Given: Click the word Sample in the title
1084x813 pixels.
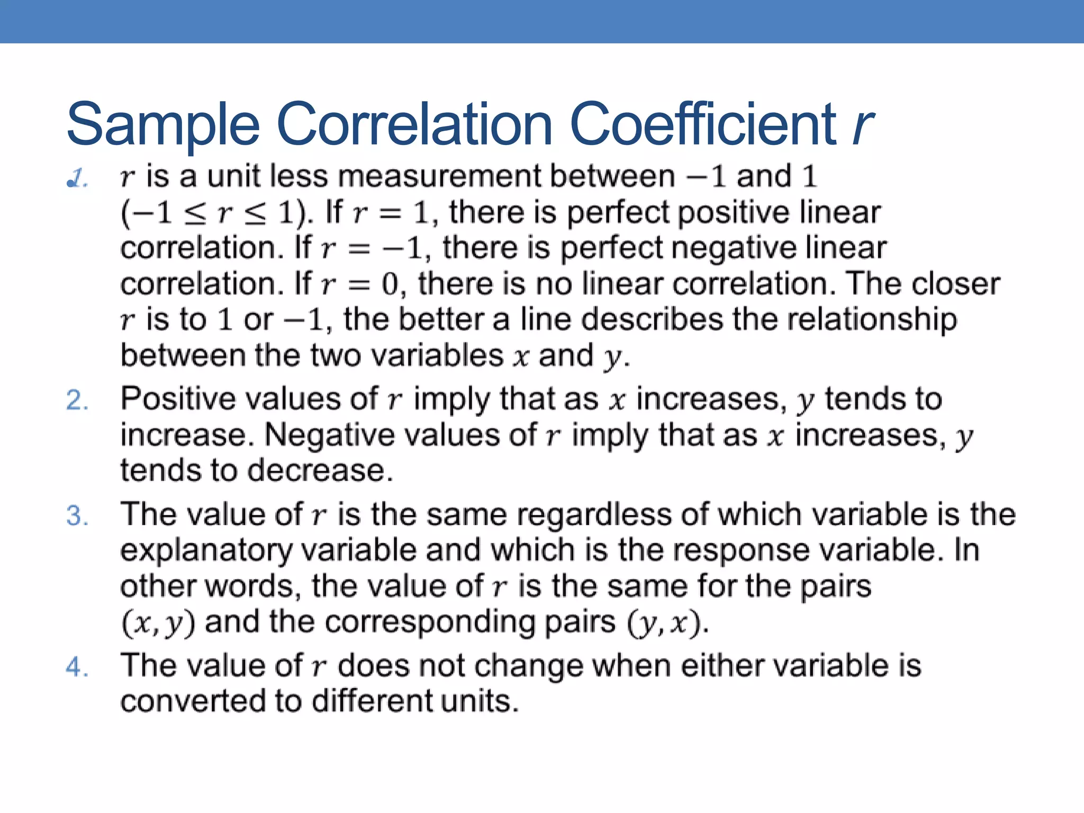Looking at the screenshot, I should pyautogui.click(x=163, y=124).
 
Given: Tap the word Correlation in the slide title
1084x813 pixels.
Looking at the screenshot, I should pyautogui.click(x=414, y=124).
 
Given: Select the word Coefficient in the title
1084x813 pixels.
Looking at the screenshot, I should pyautogui.click(x=704, y=124).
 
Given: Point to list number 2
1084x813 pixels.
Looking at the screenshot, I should pyautogui.click(x=76, y=400).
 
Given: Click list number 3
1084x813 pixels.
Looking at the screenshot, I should pyautogui.click(x=76, y=516).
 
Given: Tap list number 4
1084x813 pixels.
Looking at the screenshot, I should pyautogui.click(x=76, y=667).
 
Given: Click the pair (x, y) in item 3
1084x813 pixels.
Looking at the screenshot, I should pyautogui.click(x=158, y=623).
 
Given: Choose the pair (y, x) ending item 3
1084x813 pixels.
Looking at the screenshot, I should pyautogui.click(x=665, y=623).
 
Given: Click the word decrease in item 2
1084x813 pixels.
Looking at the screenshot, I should pyautogui.click(x=320, y=471).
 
